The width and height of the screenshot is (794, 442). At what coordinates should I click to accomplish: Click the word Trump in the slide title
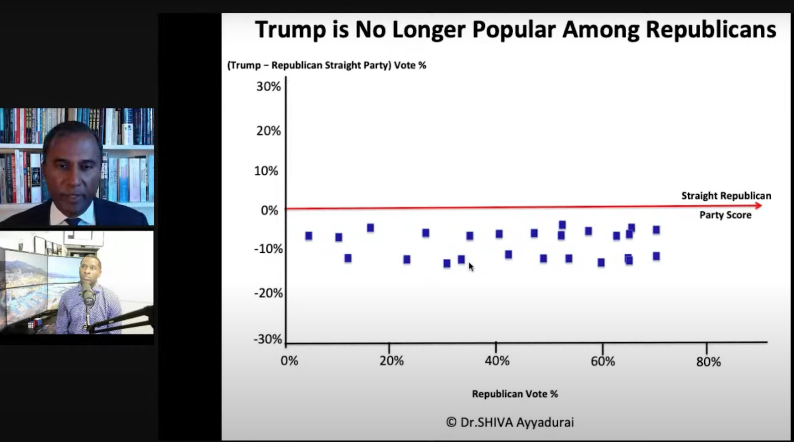(x=290, y=29)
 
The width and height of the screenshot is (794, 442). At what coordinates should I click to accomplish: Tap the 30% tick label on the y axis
(x=268, y=86)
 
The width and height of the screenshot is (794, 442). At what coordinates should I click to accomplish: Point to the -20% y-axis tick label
(x=268, y=293)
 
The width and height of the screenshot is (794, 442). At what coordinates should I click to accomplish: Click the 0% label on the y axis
(x=269, y=210)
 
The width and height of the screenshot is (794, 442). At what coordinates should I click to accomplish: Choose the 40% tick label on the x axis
(x=497, y=361)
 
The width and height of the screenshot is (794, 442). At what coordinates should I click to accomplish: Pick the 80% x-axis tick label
(x=708, y=362)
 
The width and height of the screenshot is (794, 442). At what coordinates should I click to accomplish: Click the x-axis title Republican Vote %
(x=515, y=394)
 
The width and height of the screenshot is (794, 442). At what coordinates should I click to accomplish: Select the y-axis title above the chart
(x=327, y=65)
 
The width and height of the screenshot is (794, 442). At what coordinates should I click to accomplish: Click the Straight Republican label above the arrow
(x=726, y=196)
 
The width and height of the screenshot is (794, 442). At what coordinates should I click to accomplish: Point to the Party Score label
(x=725, y=215)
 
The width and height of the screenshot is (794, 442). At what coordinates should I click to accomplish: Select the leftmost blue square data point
(x=309, y=236)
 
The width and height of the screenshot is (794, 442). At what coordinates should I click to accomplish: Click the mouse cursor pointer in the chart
(x=470, y=267)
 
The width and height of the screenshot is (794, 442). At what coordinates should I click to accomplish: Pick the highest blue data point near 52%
(x=562, y=225)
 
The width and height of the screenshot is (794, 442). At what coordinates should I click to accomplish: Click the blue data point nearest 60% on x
(x=601, y=262)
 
